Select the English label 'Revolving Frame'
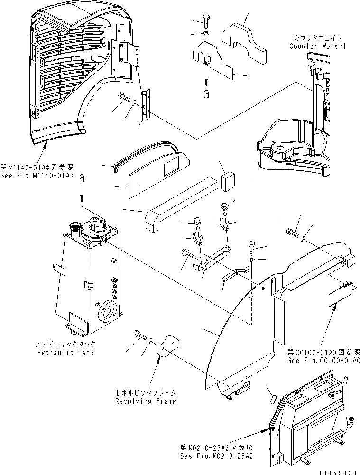point(146,401)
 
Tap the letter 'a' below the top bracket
point(206,94)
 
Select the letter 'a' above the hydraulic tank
point(83,179)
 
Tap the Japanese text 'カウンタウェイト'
point(318,38)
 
